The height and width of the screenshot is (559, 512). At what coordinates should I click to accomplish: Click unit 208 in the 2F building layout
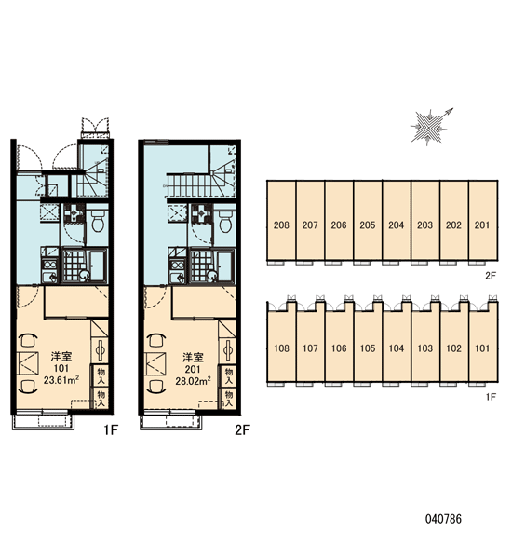click(x=281, y=221)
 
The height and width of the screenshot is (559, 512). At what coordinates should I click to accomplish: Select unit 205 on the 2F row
click(x=368, y=221)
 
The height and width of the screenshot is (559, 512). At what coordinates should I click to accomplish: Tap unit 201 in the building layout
click(x=482, y=221)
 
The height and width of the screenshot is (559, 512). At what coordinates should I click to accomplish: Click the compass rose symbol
click(x=430, y=127)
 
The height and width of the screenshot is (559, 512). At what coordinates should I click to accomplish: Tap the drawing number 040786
click(x=443, y=519)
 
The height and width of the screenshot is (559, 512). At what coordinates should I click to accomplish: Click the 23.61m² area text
click(x=61, y=380)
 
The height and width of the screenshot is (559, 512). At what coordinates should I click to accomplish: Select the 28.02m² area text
click(x=193, y=380)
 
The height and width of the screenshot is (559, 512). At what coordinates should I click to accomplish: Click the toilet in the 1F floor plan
click(x=98, y=220)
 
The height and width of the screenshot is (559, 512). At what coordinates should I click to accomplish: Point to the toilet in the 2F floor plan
click(x=225, y=221)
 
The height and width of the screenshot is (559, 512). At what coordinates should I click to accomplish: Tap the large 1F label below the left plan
click(x=111, y=430)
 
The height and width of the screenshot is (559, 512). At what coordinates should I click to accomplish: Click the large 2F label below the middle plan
click(x=242, y=430)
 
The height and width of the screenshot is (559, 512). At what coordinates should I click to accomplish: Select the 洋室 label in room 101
click(x=61, y=356)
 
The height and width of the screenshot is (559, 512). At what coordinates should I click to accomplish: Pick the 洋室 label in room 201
click(x=193, y=357)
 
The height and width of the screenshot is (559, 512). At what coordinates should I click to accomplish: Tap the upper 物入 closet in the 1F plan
click(x=101, y=375)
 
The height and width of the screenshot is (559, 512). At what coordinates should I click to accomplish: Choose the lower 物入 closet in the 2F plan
click(x=228, y=399)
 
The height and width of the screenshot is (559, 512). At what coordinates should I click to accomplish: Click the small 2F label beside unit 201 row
click(x=491, y=275)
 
